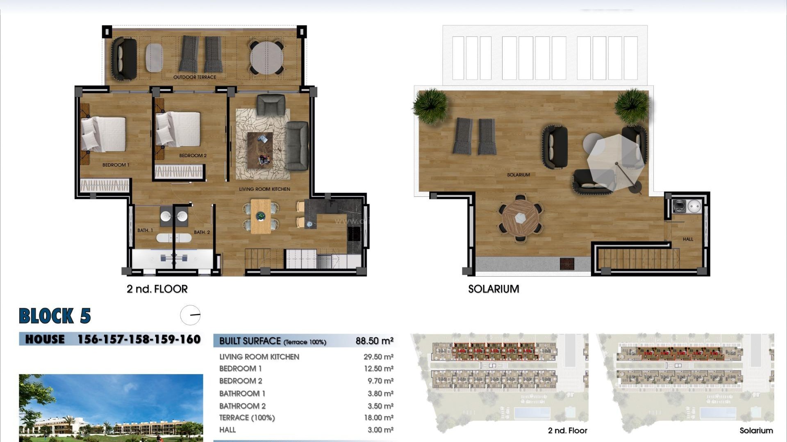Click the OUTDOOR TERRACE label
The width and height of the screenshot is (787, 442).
pyautogui.click(x=194, y=77)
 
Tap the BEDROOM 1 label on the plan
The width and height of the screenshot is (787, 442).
pyautogui.click(x=116, y=165)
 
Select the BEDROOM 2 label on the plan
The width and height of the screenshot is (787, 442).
pyautogui.click(x=193, y=156)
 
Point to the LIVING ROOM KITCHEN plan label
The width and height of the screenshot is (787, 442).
pyautogui.click(x=264, y=189)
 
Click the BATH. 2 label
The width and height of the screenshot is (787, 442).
pyautogui.click(x=202, y=232)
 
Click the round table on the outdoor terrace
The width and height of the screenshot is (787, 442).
pyautogui.click(x=267, y=58)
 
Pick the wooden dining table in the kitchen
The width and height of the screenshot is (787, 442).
pyautogui.click(x=261, y=216)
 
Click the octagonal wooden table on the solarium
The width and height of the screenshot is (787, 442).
pyautogui.click(x=521, y=218)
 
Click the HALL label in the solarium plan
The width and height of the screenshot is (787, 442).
pyautogui.click(x=688, y=239)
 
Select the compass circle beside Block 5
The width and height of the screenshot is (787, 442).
pyautogui.click(x=190, y=315)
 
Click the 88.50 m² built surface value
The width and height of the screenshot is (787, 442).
pyautogui.click(x=374, y=341)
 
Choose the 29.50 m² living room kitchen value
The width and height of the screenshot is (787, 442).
pyautogui.click(x=378, y=357)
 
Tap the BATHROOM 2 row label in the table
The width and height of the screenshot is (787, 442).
pyautogui.click(x=242, y=406)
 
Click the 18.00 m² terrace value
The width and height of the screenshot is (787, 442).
pyautogui.click(x=378, y=417)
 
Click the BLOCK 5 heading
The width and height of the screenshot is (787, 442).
pyautogui.click(x=55, y=316)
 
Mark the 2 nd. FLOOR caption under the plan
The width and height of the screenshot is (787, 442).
pyautogui.click(x=157, y=289)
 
